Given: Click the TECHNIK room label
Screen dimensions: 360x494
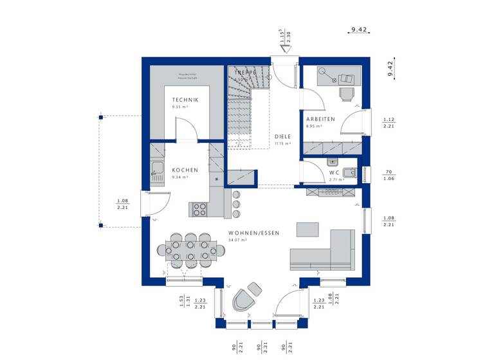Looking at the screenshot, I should click(185, 100).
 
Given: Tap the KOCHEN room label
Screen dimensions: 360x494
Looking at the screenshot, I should click(185, 170).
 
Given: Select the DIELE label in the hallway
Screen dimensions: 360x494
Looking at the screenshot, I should click(282, 136).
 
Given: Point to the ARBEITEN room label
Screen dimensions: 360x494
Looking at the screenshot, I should click(320, 119).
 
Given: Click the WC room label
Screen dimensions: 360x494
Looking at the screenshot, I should click(333, 172).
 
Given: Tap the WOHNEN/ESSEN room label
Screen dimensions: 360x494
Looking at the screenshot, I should click(253, 233).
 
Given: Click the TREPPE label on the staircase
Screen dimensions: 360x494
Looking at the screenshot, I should click(245, 73).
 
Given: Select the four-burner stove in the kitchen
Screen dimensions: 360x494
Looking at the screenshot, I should click(199, 209).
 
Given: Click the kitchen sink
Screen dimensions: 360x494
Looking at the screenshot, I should click(156, 170).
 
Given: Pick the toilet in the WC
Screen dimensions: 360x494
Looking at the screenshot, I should click(349, 172).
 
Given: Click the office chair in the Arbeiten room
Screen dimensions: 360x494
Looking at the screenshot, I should click(347, 94).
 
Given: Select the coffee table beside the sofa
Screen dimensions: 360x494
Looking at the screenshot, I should click(307, 230).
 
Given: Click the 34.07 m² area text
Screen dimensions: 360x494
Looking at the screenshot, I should click(237, 240).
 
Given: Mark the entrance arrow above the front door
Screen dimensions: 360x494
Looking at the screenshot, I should click(282, 48).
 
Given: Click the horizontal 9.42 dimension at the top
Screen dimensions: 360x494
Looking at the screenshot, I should click(358, 29).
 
